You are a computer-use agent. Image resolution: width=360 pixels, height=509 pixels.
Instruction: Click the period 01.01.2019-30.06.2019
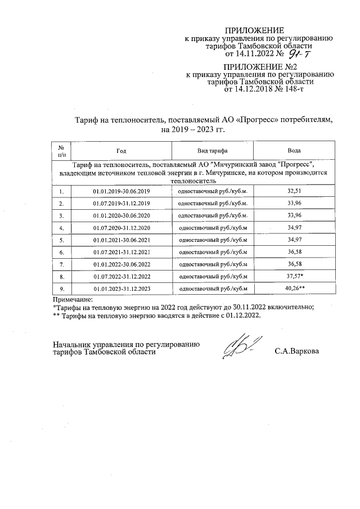tap(122, 191)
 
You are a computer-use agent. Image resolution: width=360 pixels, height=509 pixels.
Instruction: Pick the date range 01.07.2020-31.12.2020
tap(122, 228)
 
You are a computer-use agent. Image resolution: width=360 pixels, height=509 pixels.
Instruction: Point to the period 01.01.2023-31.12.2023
tap(122, 289)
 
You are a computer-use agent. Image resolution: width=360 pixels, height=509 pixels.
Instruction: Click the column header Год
tap(122, 151)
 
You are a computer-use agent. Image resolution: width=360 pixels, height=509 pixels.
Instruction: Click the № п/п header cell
tap(61, 151)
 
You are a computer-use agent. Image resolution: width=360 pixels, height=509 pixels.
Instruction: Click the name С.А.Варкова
tap(296, 352)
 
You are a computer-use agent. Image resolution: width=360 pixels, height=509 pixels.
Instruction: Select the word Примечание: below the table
tap(71, 299)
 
